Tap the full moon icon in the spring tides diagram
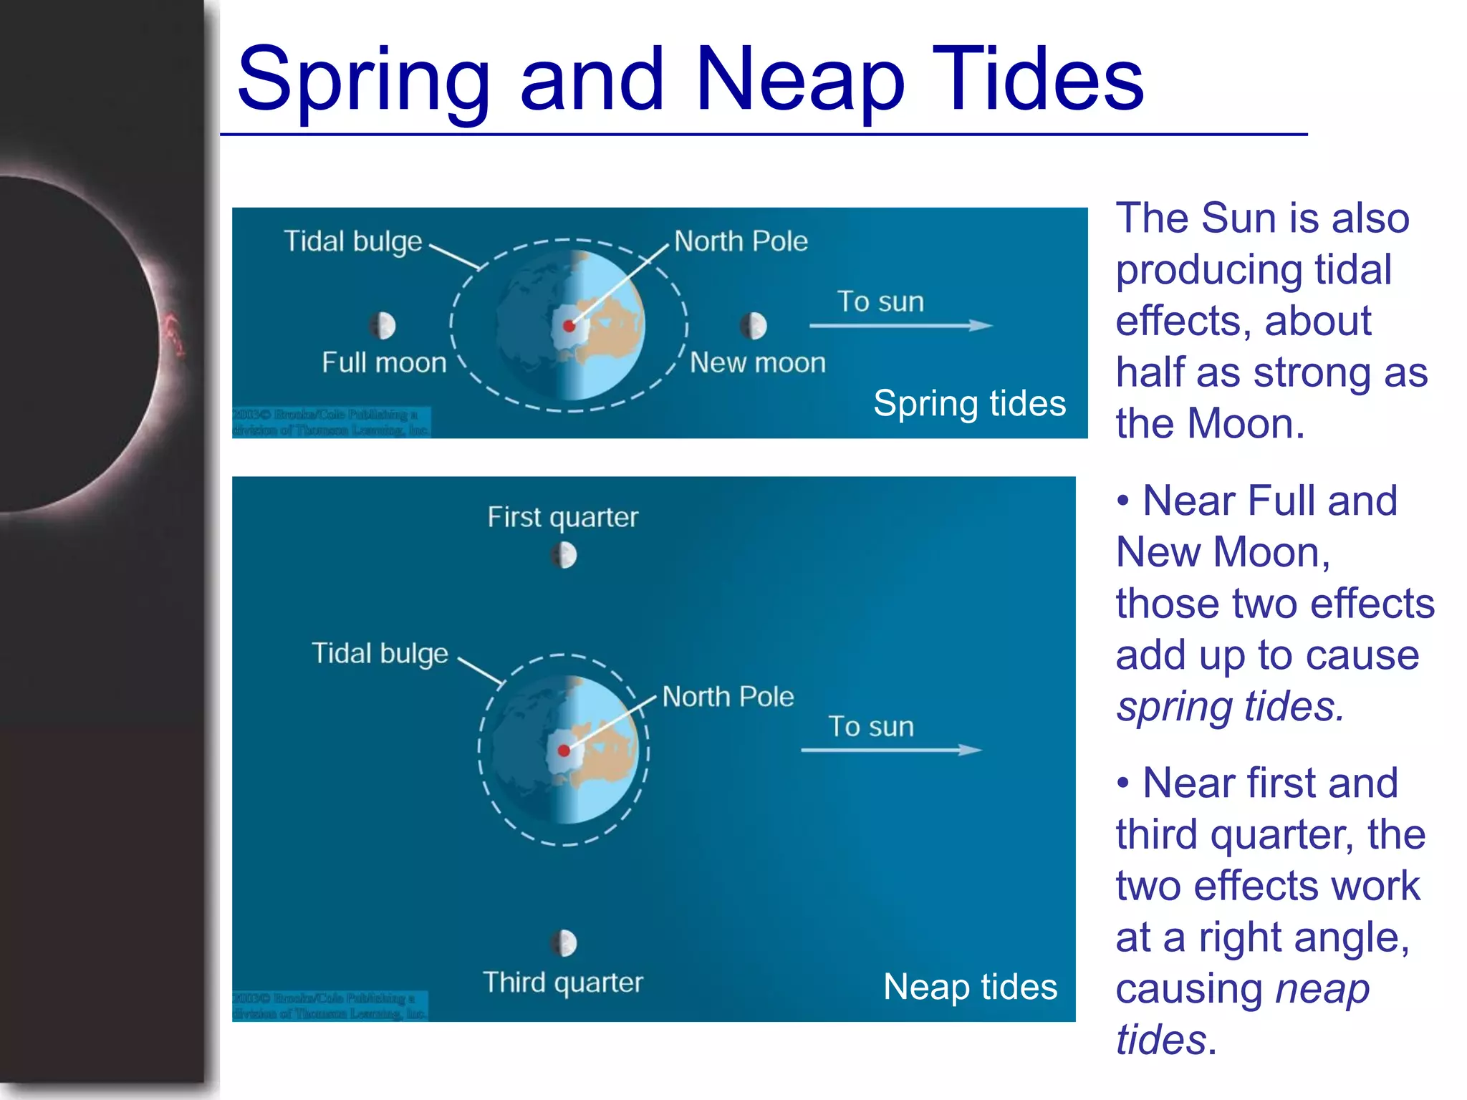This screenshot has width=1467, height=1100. [x=383, y=326]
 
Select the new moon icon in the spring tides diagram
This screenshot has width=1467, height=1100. [x=753, y=326]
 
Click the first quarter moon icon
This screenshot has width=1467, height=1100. [x=564, y=555]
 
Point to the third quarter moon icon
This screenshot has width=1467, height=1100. [x=564, y=943]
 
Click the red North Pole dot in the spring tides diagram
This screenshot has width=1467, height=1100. [x=569, y=327]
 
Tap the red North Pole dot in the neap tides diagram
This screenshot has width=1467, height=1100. [x=564, y=751]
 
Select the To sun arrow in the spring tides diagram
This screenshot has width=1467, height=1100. [x=900, y=326]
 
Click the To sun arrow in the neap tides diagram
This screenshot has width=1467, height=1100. [x=891, y=750]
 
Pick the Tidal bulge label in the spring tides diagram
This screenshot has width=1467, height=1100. [x=352, y=242]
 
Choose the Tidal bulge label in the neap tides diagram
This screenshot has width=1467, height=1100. [x=380, y=654]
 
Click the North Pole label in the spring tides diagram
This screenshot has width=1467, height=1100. [x=741, y=241]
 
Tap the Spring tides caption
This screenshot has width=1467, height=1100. [x=969, y=403]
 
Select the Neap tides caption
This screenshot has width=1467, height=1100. [x=970, y=987]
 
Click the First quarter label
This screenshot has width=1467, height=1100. [x=562, y=517]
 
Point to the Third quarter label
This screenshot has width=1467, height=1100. [x=562, y=983]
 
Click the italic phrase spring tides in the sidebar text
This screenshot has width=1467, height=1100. [x=1229, y=707]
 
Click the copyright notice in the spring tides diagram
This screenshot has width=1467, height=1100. [x=331, y=423]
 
